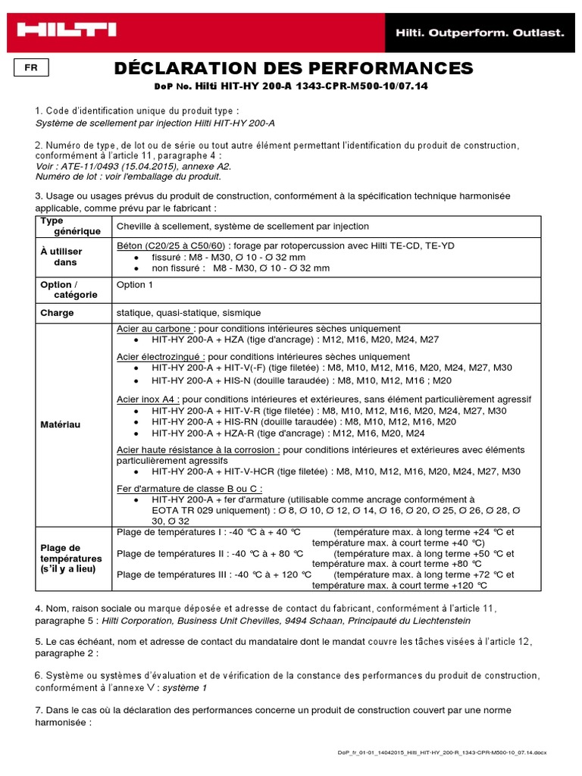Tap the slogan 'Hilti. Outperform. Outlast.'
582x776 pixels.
click(x=477, y=33)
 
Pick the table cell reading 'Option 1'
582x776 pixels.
click(x=134, y=285)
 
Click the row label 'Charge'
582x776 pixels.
click(x=57, y=312)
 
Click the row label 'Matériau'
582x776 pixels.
click(x=60, y=425)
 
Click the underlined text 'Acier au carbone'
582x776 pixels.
click(x=155, y=329)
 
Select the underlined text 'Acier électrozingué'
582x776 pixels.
click(x=161, y=356)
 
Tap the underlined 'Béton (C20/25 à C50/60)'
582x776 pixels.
click(x=171, y=246)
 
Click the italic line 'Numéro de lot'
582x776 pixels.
click(x=128, y=177)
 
